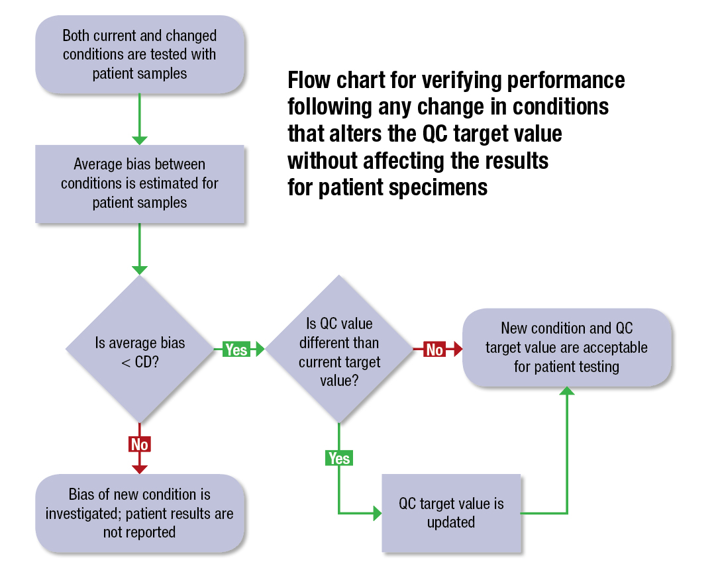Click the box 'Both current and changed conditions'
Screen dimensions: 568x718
140,54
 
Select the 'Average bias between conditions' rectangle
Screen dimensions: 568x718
140,183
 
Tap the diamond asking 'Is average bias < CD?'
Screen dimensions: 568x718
140,349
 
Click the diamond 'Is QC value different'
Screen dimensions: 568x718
339,349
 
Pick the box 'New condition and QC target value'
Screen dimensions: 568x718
566,348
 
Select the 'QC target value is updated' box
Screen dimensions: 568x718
451,512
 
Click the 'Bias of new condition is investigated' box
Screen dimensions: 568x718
140,513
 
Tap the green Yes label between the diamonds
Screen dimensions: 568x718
236,349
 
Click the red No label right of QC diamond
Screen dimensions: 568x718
435,349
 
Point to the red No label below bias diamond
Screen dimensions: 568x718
140,444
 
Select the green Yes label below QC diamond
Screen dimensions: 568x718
338,458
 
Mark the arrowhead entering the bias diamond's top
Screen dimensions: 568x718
140,269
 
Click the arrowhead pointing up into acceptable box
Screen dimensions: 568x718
567,392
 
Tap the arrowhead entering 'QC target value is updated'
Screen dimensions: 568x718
377,512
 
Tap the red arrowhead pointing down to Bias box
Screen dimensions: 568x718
140,468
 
